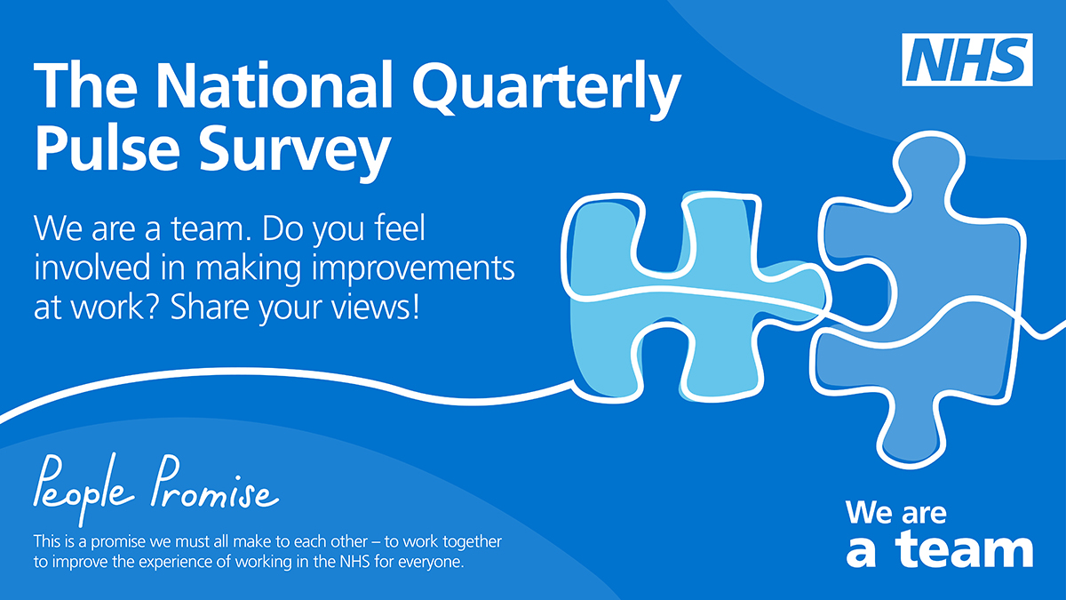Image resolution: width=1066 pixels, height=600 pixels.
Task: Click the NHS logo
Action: pos(967,60)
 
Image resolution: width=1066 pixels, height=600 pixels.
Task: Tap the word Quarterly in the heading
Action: pos(547,91)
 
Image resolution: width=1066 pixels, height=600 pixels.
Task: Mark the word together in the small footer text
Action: pos(472,542)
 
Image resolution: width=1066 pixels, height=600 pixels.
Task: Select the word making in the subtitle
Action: pos(249,269)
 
